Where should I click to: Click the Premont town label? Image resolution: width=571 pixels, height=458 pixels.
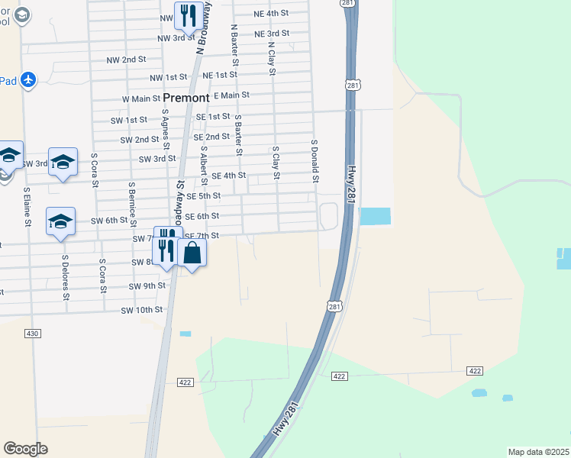coord(186,98)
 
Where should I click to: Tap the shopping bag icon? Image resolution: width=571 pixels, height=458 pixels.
coord(192,253)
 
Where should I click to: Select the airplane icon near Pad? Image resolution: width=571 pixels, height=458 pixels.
coord(29,79)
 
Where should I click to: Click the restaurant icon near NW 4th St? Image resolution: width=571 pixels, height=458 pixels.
coord(187,15)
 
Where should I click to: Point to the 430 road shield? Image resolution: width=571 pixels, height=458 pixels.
coord(32,334)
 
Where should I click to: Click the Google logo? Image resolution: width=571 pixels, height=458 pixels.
coord(25,449)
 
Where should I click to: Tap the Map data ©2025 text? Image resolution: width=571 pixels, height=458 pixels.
coord(539,452)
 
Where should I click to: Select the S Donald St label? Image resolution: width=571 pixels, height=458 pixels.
coord(314,161)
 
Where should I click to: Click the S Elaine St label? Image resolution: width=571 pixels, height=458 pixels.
coord(27,207)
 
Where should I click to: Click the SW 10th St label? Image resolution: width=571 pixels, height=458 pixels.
coord(142,310)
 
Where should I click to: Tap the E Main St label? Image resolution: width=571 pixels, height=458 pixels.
coord(232,95)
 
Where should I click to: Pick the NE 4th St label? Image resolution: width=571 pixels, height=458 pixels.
coord(272,14)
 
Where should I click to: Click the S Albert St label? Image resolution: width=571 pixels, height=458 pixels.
coord(204,166)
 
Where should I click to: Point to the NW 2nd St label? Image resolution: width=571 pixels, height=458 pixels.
coord(126,60)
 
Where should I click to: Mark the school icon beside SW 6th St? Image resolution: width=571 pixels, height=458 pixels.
coord(60,221)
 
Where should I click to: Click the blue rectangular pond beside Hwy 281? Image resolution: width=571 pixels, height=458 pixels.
coord(374,217)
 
